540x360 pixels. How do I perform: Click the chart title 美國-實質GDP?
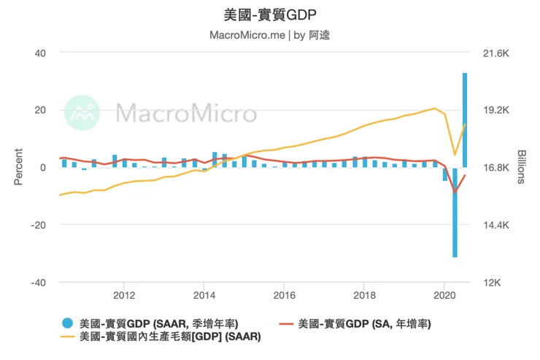(x=270, y=14)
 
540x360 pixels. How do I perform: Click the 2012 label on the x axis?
(x=124, y=296)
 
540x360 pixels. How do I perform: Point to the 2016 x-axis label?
(x=283, y=296)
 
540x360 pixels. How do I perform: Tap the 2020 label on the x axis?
(x=443, y=296)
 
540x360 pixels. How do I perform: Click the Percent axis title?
(x=18, y=167)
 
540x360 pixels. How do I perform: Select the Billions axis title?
(x=521, y=167)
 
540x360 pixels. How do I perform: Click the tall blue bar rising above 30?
(x=465, y=120)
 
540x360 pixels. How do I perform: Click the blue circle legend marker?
(x=68, y=323)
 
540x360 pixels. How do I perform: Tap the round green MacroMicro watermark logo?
(x=82, y=112)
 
